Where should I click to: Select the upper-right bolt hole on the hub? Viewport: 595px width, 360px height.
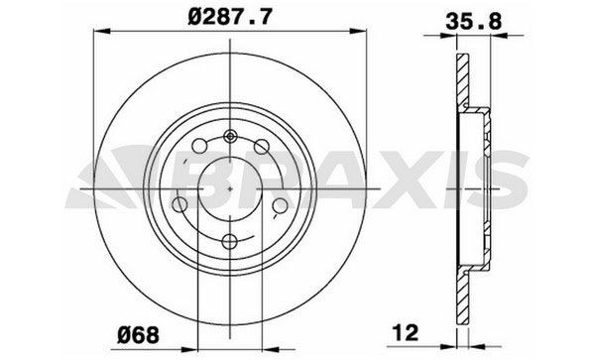pos(264,147)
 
